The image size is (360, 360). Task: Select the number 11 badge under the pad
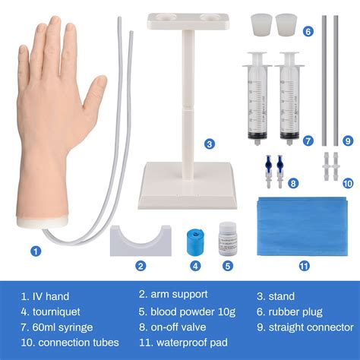(x=305, y=265)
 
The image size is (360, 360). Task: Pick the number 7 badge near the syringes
(x=308, y=141)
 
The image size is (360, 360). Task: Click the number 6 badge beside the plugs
(x=308, y=32)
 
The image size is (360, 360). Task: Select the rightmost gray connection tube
(x=336, y=80)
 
